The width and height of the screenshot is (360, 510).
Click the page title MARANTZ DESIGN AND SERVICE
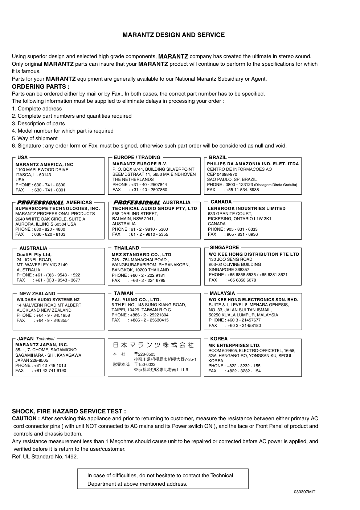173,35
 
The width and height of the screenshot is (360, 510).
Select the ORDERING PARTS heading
41,86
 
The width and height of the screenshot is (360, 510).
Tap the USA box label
22,158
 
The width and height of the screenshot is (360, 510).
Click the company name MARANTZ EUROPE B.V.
140,164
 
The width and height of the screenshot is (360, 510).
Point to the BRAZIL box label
218,158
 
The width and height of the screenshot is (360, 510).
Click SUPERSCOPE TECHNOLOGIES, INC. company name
58,209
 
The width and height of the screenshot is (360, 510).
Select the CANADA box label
221,202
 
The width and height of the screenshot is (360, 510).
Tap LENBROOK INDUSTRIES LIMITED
247,209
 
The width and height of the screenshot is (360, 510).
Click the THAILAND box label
127,248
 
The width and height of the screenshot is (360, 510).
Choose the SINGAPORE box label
224,248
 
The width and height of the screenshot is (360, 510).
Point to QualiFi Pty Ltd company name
34,255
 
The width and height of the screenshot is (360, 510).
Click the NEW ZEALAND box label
37,294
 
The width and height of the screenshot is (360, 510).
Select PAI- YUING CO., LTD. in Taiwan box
136,300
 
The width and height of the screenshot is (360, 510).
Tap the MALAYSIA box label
222,293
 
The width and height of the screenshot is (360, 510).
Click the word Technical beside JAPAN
45,339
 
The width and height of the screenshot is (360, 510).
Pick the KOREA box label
219,339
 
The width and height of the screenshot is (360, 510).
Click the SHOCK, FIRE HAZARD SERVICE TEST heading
69,411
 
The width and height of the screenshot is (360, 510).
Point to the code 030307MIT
304,492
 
